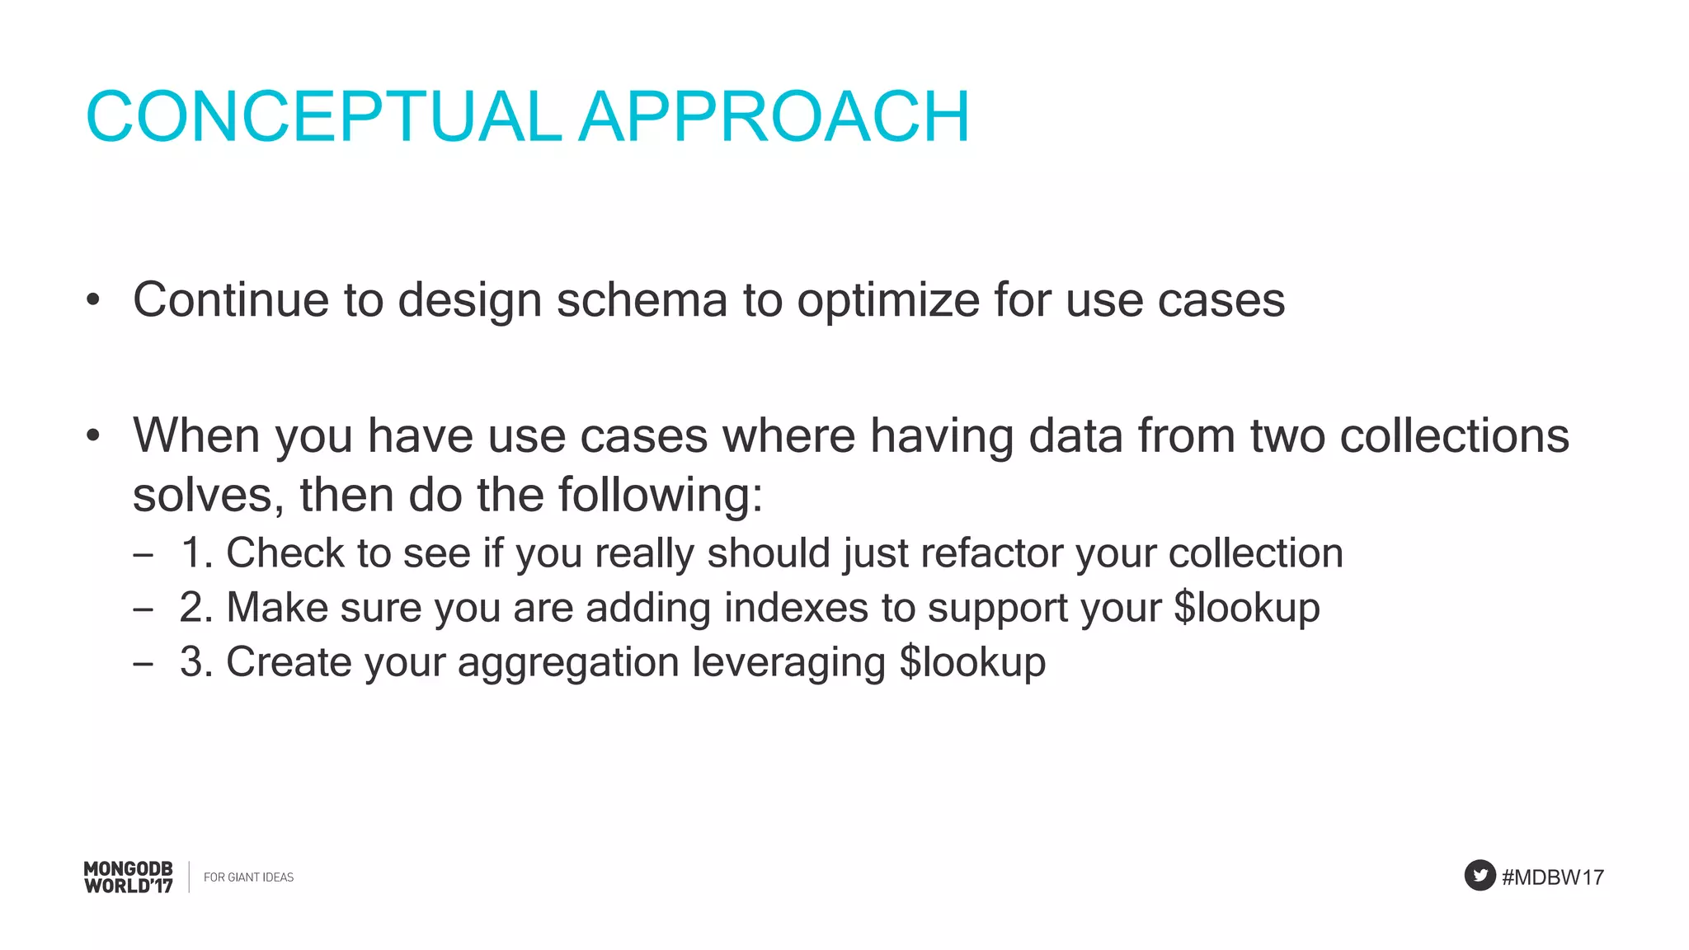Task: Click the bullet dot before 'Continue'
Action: (x=93, y=300)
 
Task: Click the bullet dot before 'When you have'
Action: (x=93, y=435)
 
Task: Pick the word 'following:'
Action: (x=661, y=495)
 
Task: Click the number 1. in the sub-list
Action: (x=197, y=553)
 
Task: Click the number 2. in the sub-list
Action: (x=197, y=608)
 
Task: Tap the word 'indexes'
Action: (x=796, y=608)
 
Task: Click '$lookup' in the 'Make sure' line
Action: (x=1246, y=608)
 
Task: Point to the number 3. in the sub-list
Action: (x=197, y=662)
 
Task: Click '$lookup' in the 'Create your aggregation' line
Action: (x=972, y=662)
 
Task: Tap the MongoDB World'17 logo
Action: (x=129, y=877)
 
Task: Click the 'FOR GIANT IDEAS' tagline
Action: (x=248, y=877)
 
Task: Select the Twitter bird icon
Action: (x=1480, y=875)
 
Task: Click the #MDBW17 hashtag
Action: (x=1553, y=877)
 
